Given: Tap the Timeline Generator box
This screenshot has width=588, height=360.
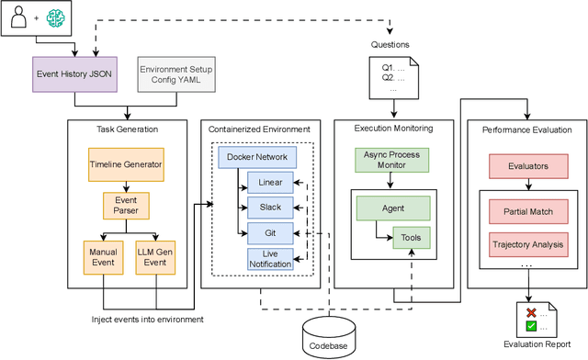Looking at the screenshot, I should tap(126, 164).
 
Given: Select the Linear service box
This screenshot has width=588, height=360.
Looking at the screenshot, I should tap(270, 183).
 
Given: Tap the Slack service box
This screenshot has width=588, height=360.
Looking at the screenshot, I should tap(270, 208).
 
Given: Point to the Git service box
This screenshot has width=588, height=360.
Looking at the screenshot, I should tap(270, 233).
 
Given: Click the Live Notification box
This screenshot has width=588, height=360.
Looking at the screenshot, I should tap(270, 258).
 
